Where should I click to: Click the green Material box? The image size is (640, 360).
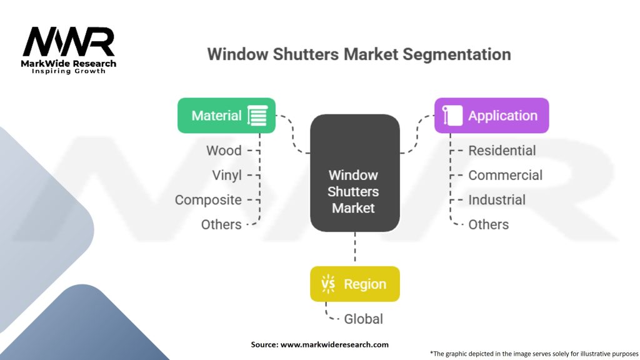pyautogui.click(x=226, y=116)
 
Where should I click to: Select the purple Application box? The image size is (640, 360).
pyautogui.click(x=491, y=116)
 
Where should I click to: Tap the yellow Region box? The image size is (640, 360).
pyautogui.click(x=355, y=284)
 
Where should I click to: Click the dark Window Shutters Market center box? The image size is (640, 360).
pyautogui.click(x=355, y=173)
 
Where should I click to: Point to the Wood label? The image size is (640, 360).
pyautogui.click(x=224, y=151)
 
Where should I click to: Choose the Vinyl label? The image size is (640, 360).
pyautogui.click(x=227, y=176)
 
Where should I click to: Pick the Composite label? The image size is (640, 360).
pyautogui.click(x=208, y=200)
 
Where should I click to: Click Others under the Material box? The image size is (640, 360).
pyautogui.click(x=221, y=224)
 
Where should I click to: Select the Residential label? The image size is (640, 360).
pyautogui.click(x=502, y=151)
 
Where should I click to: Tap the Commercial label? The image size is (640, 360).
pyautogui.click(x=505, y=176)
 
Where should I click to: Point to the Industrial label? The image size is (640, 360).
pyautogui.click(x=497, y=200)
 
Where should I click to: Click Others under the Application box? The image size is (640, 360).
pyautogui.click(x=489, y=224)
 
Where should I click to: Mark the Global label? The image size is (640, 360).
pyautogui.click(x=363, y=319)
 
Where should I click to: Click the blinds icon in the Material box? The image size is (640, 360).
pyautogui.click(x=257, y=116)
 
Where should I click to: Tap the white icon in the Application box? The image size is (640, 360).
pyautogui.click(x=452, y=116)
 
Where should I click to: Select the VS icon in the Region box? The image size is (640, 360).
pyautogui.click(x=328, y=284)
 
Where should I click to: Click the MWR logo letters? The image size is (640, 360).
pyautogui.click(x=69, y=42)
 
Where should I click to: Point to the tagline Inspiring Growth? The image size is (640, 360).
pyautogui.click(x=69, y=71)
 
